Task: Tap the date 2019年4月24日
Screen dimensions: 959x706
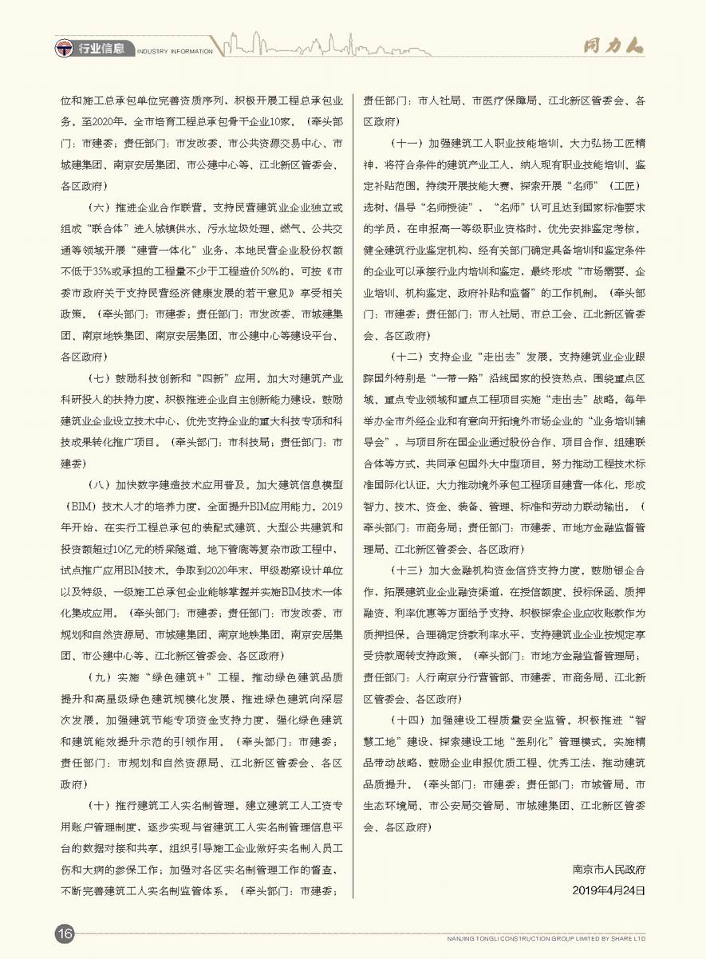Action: pos(608,889)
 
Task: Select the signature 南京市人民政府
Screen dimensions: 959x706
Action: pos(608,868)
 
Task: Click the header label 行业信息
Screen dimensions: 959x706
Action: pos(101,49)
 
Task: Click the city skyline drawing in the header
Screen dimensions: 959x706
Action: pos(271,45)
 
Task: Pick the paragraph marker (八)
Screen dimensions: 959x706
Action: pos(101,483)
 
